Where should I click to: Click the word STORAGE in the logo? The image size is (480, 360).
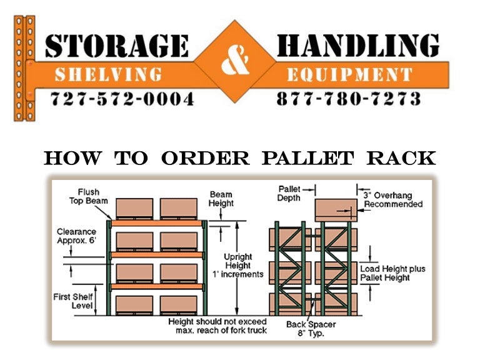tap(116, 46)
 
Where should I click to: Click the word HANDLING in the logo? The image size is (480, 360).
tap(357, 46)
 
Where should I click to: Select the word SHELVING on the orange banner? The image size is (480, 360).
tap(107, 75)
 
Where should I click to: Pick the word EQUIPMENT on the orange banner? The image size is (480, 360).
tap(349, 75)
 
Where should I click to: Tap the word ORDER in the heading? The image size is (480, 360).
tap(206, 158)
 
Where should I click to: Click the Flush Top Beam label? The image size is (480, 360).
tap(89, 196)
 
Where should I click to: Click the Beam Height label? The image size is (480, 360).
tap(221, 199)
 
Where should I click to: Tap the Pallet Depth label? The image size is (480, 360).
tap(289, 192)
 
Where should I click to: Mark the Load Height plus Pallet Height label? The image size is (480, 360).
tap(392, 273)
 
